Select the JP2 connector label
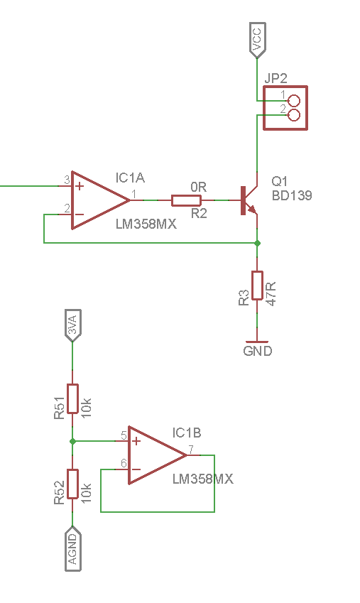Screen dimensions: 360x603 tap(276, 78)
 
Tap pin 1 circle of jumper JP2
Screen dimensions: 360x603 tap(294, 101)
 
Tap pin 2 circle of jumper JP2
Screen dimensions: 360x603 tap(294, 115)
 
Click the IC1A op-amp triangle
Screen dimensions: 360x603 tap(100, 200)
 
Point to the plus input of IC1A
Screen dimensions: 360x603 tap(80, 187)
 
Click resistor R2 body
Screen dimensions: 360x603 tap(186, 200)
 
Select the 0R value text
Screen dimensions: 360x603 tap(199, 188)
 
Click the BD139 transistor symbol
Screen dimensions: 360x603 tap(249, 200)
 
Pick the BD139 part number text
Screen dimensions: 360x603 tap(292, 195)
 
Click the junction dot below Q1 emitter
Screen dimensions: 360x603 tap(257, 243)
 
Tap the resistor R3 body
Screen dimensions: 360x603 tap(257, 286)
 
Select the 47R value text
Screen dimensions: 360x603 tap(271, 294)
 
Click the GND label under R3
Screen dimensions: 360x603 tap(258, 351)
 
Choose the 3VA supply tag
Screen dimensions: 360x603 tap(72, 325)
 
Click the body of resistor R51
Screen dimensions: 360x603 tap(72, 398)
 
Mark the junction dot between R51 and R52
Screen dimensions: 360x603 tap(72, 442)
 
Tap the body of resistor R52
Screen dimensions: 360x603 tap(72, 484)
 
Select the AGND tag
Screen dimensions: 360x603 tap(72, 549)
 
